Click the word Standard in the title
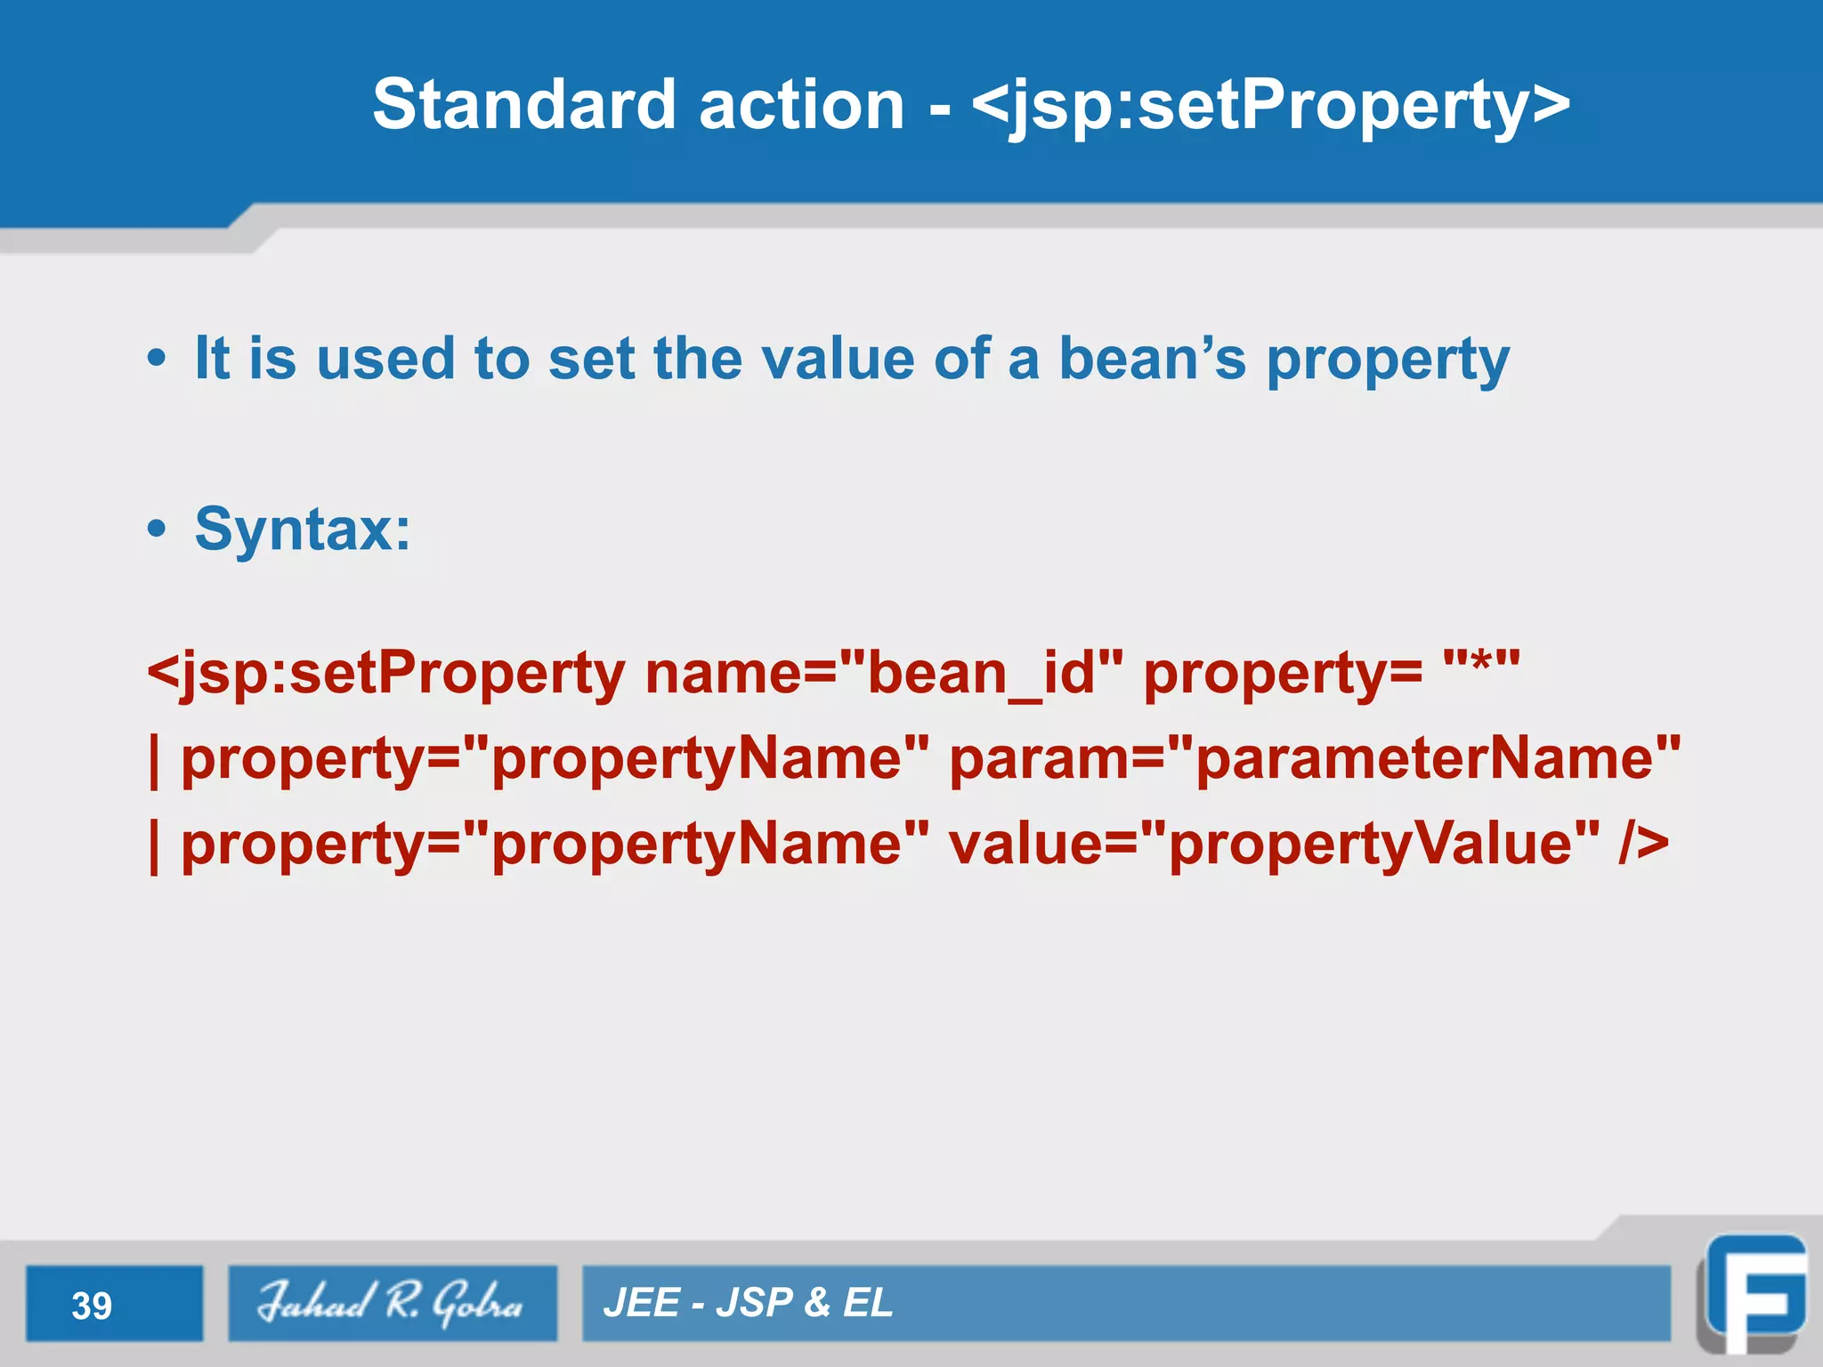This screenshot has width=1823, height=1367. pos(523,104)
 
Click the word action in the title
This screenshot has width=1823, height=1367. pos(801,104)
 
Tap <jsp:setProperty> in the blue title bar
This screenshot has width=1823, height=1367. pos(1270,104)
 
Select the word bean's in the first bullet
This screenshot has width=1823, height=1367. pos(1152,359)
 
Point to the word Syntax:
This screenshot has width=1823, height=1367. pos(303,530)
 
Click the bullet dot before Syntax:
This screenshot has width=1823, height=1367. pos(157,530)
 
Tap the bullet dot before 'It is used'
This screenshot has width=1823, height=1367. pos(157,359)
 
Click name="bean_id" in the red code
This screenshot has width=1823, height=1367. pos(883,673)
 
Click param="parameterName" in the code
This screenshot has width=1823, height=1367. pos(1315,758)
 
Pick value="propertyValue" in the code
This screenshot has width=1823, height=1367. pos(1273,844)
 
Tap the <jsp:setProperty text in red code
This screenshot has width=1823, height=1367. pos(386,673)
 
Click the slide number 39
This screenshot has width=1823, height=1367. pos(92,1306)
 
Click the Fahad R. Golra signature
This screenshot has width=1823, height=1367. pos(392,1302)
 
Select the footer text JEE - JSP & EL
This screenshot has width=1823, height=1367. pos(748,1303)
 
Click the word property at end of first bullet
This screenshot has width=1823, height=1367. pos(1387,360)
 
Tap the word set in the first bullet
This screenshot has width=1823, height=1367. pos(591,359)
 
